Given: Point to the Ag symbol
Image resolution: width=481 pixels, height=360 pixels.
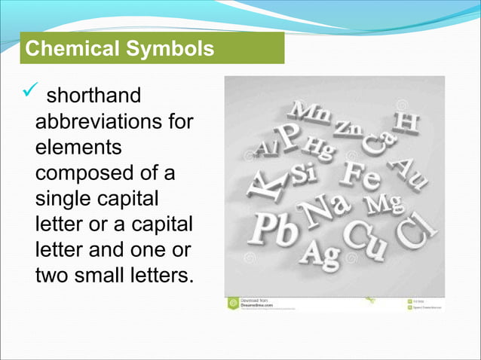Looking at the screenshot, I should pyautogui.click(x=320, y=254).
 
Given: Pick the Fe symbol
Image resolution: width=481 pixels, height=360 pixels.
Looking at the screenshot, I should pyautogui.click(x=361, y=175).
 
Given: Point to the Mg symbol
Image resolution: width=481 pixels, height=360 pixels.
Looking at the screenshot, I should pyautogui.click(x=385, y=203).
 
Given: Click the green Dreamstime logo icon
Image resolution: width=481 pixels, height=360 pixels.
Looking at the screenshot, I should pyautogui.click(x=234, y=303).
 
